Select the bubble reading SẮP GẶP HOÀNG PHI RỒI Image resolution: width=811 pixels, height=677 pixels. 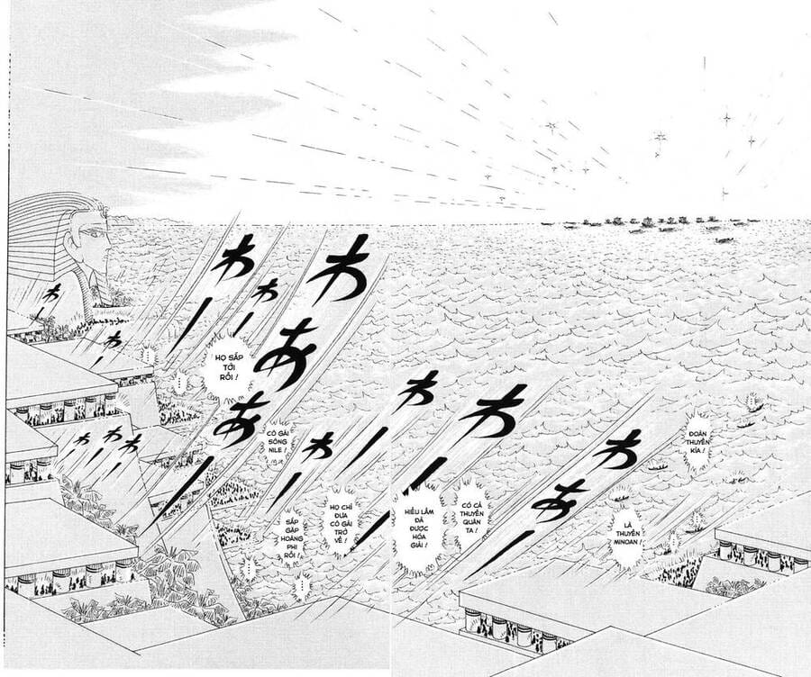(x=289, y=538)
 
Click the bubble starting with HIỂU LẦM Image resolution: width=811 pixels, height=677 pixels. (x=415, y=527)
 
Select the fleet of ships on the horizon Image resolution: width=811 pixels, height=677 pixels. (x=649, y=222)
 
